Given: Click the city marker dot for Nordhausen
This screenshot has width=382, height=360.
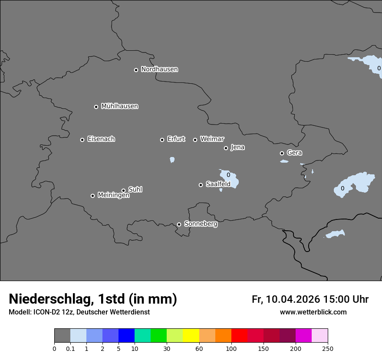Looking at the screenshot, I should click(x=136, y=70).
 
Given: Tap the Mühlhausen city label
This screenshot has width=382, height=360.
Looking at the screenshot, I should click(x=119, y=106).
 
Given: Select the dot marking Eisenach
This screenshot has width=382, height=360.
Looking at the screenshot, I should click(x=82, y=140).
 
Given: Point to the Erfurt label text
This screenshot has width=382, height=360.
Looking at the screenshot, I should click(x=176, y=139).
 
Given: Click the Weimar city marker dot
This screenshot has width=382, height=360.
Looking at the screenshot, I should click(x=195, y=140).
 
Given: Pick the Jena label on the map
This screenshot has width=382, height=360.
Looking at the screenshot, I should click(x=237, y=147).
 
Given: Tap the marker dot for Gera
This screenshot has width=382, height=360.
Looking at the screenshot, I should click(x=282, y=153).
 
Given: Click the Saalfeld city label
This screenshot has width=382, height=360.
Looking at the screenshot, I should click(x=218, y=184).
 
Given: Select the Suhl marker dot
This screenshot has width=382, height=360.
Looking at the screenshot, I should click(x=123, y=190).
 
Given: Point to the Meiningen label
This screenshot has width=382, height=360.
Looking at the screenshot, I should click(x=113, y=195).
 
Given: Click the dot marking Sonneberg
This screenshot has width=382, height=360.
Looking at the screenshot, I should click(x=179, y=224).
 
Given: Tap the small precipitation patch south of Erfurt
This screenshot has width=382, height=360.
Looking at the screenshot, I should click(x=172, y=160).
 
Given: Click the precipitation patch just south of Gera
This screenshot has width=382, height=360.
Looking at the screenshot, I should click(x=284, y=161).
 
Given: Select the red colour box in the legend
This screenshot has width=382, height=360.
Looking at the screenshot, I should click(x=239, y=336).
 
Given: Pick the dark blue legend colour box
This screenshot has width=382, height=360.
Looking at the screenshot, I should click(x=126, y=336).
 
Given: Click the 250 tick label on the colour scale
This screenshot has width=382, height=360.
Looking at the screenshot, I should click(x=328, y=348).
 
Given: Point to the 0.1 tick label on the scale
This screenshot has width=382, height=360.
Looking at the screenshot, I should click(x=70, y=348).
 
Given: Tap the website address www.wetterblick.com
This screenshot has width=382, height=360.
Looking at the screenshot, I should click(x=313, y=312).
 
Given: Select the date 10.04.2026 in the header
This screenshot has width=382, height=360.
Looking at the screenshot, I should click(x=293, y=299).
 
